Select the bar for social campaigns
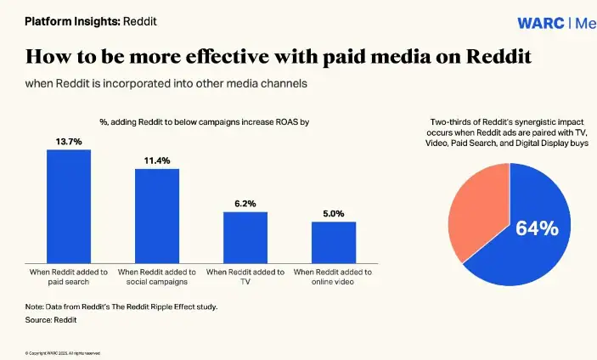point(157,216)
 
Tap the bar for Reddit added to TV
point(245,237)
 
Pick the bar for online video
point(333,242)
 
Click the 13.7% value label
point(69,141)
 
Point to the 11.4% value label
point(157,160)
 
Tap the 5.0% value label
point(333,213)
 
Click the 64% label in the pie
point(538,228)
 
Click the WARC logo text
point(541,23)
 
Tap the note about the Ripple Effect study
point(121,306)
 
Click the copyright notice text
point(63,352)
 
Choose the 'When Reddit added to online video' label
point(333,277)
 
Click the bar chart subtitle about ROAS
point(204,122)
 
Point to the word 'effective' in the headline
point(219,58)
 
